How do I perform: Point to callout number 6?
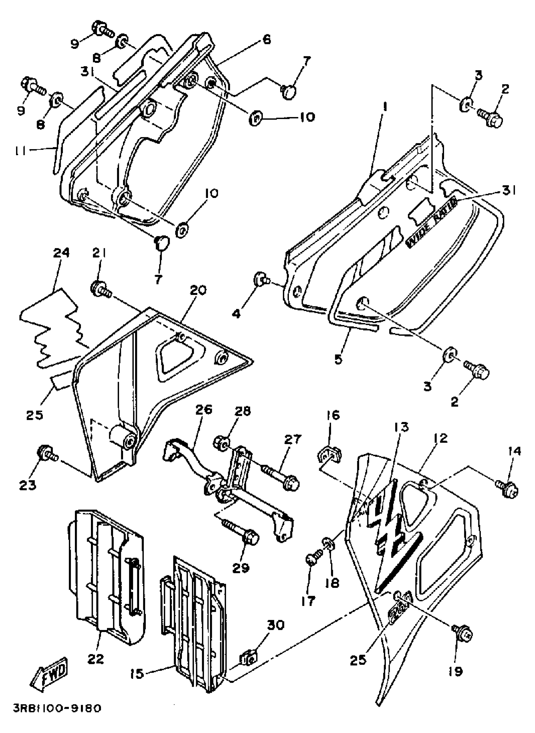point(266,40)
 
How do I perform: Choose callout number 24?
point(62,252)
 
